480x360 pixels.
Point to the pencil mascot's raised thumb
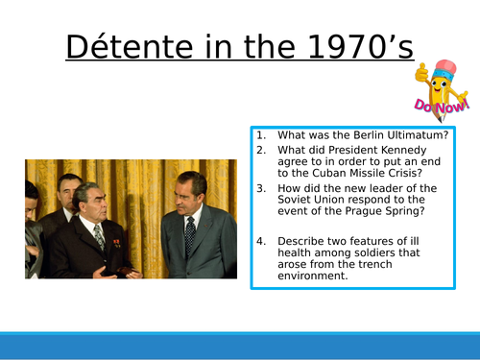click(421, 74)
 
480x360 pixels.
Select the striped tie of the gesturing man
click(98, 236)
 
